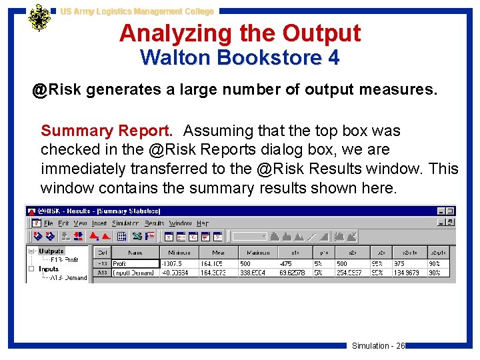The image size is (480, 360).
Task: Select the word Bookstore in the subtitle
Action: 272,58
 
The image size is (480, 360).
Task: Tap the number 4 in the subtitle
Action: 333,58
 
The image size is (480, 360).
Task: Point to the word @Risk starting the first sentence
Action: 57,90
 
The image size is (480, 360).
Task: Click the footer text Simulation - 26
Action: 378,345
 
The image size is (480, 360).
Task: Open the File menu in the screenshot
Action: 48,223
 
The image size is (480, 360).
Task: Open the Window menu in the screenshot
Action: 180,223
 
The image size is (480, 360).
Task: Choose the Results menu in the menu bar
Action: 155,223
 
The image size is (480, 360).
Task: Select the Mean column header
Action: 219,252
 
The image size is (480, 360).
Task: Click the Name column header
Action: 135,252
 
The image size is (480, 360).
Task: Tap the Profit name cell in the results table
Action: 123,263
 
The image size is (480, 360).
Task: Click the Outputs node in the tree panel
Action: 52,251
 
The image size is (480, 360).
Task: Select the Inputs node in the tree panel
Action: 49,269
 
